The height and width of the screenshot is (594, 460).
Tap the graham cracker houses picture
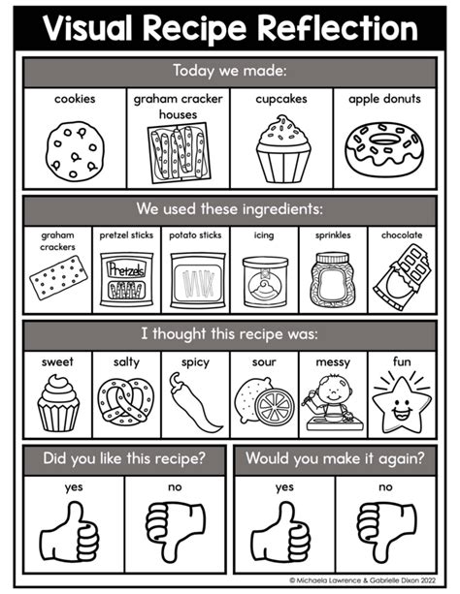(178, 155)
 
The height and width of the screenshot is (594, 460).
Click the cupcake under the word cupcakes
(282, 149)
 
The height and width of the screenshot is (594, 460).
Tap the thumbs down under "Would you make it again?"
(386, 529)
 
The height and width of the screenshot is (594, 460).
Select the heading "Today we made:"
(230, 71)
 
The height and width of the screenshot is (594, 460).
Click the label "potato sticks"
(195, 234)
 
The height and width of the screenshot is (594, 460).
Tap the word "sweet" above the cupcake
(57, 362)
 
